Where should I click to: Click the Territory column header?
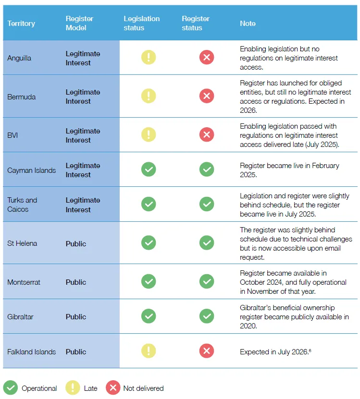(21, 24)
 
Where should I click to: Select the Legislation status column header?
(142, 23)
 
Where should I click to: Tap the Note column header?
(248, 24)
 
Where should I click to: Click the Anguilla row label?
(19, 58)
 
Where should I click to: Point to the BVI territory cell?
(12, 135)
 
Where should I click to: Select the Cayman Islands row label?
(32, 170)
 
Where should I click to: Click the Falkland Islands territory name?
(32, 351)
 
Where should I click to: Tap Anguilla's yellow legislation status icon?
(149, 57)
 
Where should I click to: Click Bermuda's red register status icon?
(207, 96)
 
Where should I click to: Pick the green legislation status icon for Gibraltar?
(149, 316)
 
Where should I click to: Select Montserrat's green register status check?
(207, 281)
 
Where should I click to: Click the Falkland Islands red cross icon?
(207, 351)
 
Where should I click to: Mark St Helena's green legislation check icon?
(149, 243)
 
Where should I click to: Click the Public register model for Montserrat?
(76, 282)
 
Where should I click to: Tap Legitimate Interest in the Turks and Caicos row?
(83, 205)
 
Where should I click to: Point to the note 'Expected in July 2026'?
(274, 351)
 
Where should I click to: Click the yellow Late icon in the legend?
(73, 387)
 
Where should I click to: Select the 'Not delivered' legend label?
(143, 388)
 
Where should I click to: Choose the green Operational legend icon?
(11, 387)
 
